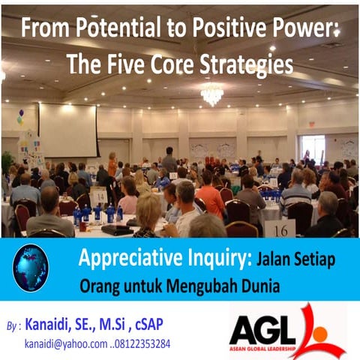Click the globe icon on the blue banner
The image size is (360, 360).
[x=31, y=268]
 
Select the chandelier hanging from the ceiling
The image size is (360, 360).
[x=211, y=94]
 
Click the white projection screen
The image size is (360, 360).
[x=67, y=129]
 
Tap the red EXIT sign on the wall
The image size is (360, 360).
[x=312, y=124]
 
